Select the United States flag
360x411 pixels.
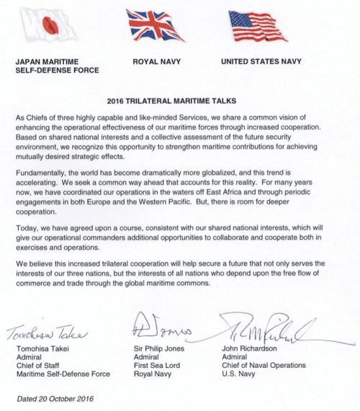tap(258, 27)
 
